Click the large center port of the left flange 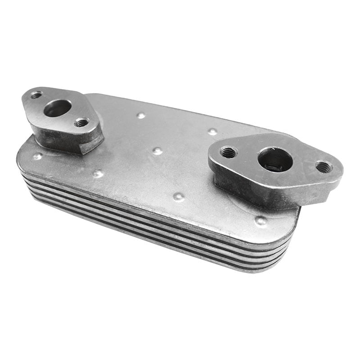click(58, 108)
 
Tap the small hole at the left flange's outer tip click(36, 95)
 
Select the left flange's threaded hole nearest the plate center click(81, 122)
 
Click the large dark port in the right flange click(275, 159)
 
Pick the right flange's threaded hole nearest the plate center click(228, 153)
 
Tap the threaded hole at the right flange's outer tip click(324, 167)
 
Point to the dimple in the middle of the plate click(157, 151)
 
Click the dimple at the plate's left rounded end click(37, 157)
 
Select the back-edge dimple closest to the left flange click(141, 115)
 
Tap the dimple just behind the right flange click(212, 131)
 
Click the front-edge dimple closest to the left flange click(98, 173)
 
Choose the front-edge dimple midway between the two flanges click(179, 197)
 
